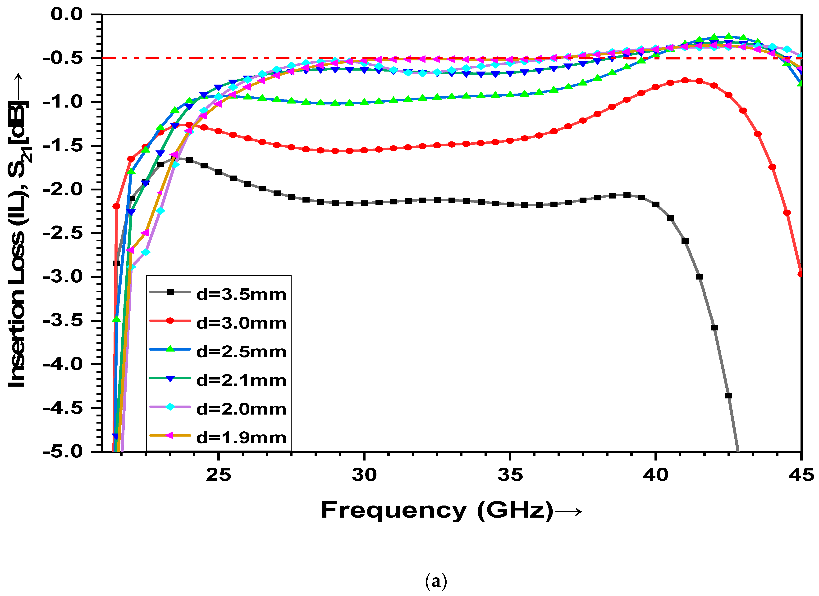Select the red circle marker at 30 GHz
[x=364, y=150]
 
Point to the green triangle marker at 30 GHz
[x=364, y=102]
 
